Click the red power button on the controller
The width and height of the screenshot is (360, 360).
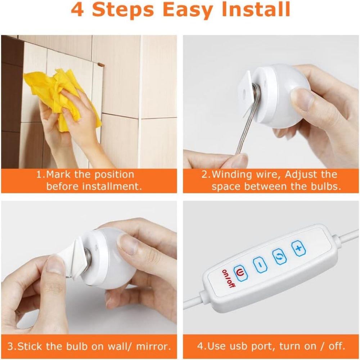click(x=240, y=273)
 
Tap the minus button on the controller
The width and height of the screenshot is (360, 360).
click(x=260, y=265)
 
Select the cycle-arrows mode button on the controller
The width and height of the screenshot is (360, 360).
click(x=279, y=257)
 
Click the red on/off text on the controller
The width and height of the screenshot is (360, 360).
click(x=229, y=279)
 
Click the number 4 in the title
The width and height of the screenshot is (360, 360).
click(x=77, y=10)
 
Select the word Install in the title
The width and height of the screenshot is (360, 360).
click(x=256, y=10)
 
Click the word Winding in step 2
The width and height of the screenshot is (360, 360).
click(x=231, y=175)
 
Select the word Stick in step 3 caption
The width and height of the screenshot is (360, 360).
click(x=30, y=346)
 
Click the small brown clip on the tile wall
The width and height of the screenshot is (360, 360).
click(x=101, y=65)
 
